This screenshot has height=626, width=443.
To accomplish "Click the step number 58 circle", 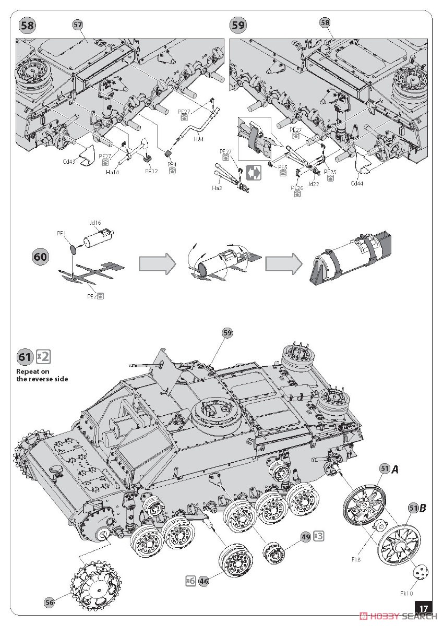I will pyautogui.click(x=27, y=26).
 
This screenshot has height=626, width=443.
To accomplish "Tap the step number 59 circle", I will pyautogui.click(x=238, y=25).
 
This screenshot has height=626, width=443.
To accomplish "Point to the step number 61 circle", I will pyautogui.click(x=25, y=357).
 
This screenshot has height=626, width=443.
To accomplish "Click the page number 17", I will pyautogui.click(x=424, y=608).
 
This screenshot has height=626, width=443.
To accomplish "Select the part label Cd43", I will pyautogui.click(x=69, y=162).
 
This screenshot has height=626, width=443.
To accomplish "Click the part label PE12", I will pyautogui.click(x=151, y=171).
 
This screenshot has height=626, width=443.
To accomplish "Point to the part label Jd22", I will pyautogui.click(x=314, y=184).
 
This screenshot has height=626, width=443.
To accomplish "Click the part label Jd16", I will pyautogui.click(x=95, y=222).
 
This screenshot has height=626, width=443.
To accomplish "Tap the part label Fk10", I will pyautogui.click(x=407, y=593).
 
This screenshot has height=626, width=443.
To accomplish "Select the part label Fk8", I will pyautogui.click(x=356, y=559).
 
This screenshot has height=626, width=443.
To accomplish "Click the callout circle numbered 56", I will pyautogui.click(x=50, y=603).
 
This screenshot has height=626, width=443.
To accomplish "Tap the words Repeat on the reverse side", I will pyautogui.click(x=42, y=375).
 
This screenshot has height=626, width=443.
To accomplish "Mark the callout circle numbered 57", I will pyautogui.click(x=78, y=25).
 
